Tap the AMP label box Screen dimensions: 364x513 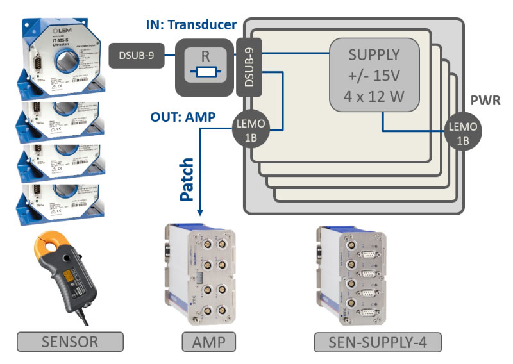(208, 342)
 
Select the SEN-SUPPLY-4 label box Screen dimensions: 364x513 (378, 342)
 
